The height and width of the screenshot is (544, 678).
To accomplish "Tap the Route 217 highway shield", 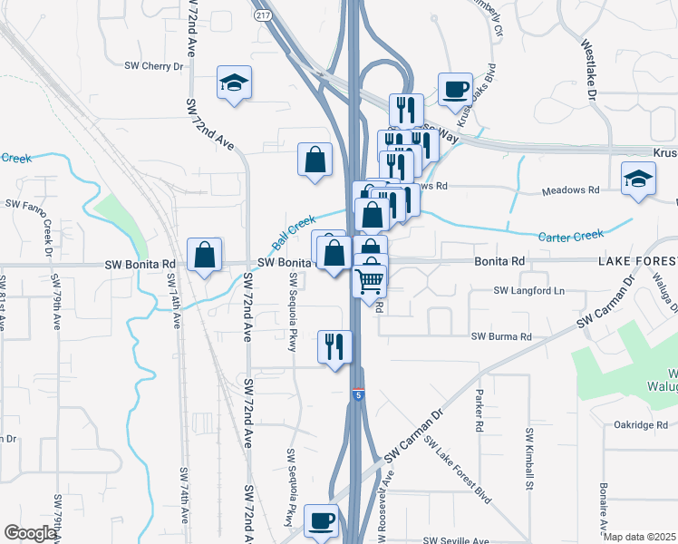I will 261,16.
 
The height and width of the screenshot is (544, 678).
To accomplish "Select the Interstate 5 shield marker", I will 359,395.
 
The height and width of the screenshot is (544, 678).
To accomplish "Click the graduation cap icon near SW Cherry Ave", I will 234,84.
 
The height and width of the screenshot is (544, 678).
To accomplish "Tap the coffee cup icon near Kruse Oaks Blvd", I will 454,89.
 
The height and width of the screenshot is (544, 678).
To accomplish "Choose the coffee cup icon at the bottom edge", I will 321,521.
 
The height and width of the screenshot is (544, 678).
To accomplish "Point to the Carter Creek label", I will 570,236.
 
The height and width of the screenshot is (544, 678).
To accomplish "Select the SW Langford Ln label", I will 528,291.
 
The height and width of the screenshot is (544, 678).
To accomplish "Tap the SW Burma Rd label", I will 501,336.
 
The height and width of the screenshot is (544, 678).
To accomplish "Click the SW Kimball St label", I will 528,454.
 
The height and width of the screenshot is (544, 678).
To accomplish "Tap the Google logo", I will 30,533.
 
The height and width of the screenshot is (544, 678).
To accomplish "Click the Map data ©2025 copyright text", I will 639,537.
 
